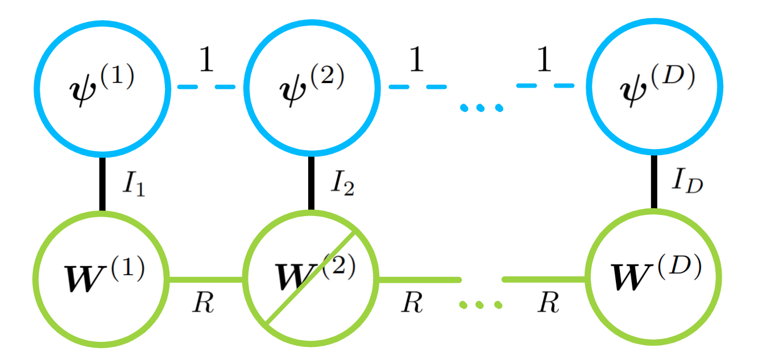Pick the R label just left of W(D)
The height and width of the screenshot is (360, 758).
[x=548, y=304]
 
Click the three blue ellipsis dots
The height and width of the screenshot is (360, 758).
[x=481, y=107]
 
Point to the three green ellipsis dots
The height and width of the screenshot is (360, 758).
[x=481, y=305]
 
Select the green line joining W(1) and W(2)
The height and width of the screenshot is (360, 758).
[x=206, y=279]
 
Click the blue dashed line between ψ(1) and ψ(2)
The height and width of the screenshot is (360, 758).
[x=206, y=87]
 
